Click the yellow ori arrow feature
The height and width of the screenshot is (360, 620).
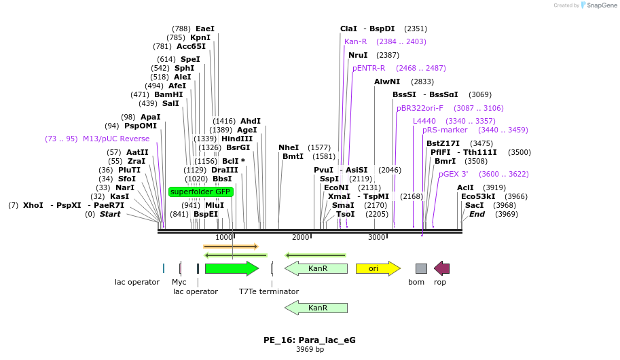[378, 268]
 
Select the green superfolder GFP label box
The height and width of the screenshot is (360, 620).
[200, 192]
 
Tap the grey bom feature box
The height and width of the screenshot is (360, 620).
[421, 268]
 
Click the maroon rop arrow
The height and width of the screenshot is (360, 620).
[441, 268]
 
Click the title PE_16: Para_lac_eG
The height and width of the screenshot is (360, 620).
[310, 340]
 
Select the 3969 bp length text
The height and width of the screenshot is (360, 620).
[310, 350]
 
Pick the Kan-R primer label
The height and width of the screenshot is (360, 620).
[355, 41]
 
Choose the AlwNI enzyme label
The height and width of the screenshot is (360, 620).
[387, 82]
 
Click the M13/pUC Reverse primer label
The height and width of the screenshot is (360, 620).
[116, 139]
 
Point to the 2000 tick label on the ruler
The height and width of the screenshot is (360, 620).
[300, 237]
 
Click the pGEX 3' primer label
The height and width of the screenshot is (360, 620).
[453, 174]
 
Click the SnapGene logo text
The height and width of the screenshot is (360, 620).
[601, 5]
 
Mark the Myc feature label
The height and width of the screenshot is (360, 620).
[179, 282]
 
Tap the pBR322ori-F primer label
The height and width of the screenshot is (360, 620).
[420, 108]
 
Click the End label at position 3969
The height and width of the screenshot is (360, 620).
[477, 214]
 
